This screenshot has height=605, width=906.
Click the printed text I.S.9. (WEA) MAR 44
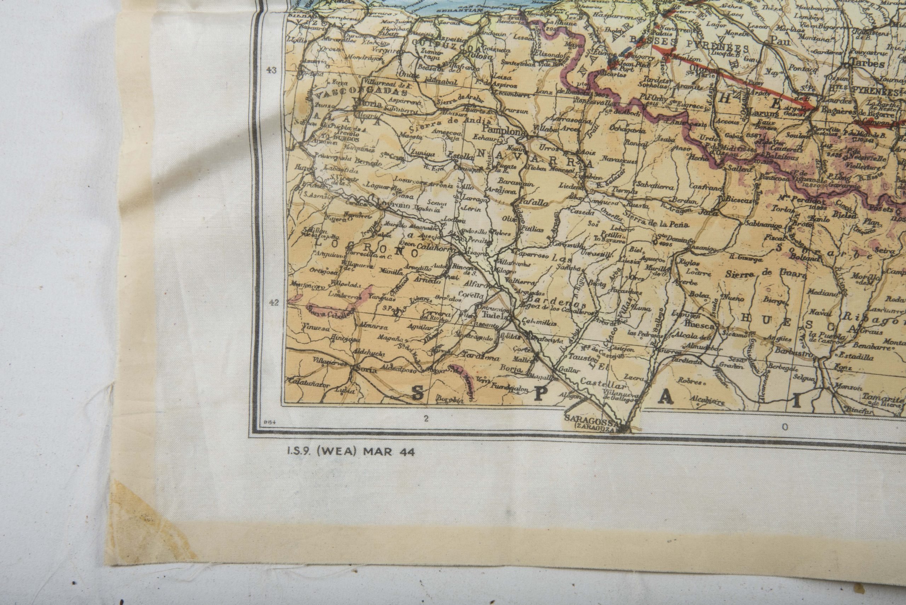[x=349, y=451]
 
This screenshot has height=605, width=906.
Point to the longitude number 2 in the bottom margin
[x=426, y=418]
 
